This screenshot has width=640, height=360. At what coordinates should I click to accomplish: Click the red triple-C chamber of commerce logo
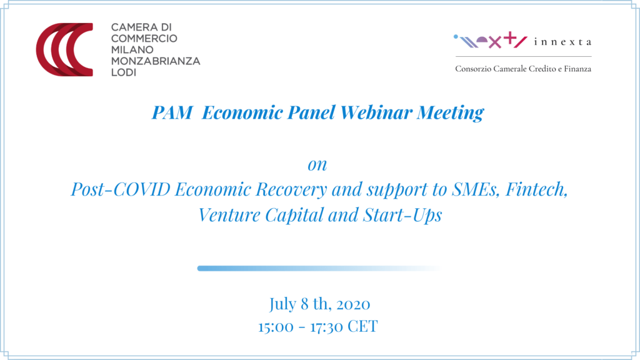click(64, 49)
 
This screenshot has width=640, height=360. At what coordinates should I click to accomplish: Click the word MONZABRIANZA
click(156, 61)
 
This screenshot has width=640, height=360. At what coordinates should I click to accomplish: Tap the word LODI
click(124, 72)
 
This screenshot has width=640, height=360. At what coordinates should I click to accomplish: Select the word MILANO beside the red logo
click(132, 50)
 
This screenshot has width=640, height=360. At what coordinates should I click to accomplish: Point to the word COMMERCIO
click(144, 38)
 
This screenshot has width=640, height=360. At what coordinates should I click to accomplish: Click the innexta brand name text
click(562, 42)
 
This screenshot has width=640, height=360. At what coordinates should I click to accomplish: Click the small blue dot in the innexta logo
click(456, 37)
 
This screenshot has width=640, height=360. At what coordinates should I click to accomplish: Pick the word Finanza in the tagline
click(577, 69)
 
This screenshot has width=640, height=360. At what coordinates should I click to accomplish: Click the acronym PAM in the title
click(172, 112)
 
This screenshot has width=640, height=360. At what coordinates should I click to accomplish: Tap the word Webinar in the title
click(376, 112)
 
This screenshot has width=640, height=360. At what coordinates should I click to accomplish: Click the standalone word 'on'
click(317, 165)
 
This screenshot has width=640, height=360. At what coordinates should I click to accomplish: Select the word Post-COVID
click(121, 189)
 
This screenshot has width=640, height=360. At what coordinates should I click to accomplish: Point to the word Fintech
click(536, 189)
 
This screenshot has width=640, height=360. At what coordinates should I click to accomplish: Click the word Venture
click(229, 215)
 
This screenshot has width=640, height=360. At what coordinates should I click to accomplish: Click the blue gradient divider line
click(319, 268)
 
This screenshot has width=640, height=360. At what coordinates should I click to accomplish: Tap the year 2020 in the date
click(354, 304)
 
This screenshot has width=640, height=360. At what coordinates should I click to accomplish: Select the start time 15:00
click(276, 327)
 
